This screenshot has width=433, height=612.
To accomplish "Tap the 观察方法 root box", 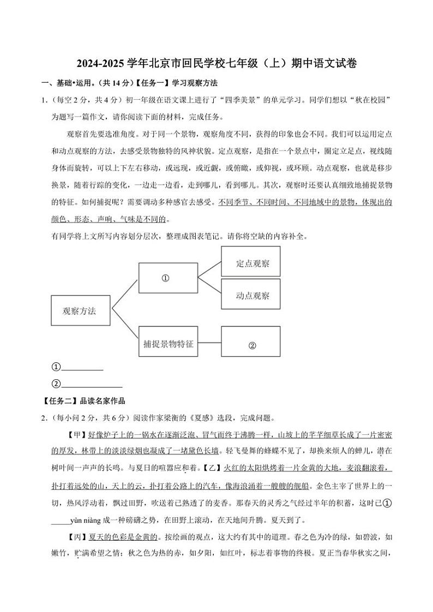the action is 80,311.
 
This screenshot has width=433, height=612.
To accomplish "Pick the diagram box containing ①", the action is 168,278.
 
